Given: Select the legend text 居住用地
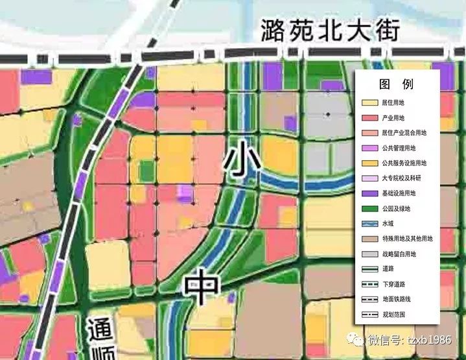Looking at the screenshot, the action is pos(393,102).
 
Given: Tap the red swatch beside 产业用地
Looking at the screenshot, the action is pos(370,117).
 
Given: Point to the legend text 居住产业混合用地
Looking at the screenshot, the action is pos(404,132).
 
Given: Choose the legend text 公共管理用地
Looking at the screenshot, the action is pos(399,148).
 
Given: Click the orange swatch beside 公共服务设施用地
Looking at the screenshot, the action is pos(370,163).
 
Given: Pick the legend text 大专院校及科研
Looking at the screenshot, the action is pos(401,178).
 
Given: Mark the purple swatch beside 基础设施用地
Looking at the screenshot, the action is pos(370,193).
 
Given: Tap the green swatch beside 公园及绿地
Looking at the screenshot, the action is pos(370,208).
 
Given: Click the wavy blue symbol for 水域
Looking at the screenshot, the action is pos(370,223).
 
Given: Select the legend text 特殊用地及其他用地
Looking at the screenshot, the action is pos(406,239).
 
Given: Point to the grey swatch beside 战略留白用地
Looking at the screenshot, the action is pos(370,254).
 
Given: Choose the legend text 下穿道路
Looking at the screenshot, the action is pos(393,284).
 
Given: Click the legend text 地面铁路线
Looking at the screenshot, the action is pos(396,299).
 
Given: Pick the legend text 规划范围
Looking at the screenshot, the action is pos(393,315).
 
